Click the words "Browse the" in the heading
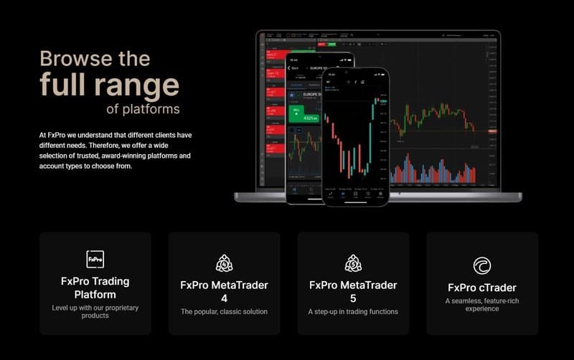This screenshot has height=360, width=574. [95, 58]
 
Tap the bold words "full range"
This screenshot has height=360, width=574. [109, 85]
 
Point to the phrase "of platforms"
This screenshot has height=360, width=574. [143, 109]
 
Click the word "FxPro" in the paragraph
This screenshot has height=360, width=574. [58, 135]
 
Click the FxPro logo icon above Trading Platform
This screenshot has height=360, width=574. [95, 259]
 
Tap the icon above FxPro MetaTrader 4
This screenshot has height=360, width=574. [224, 263]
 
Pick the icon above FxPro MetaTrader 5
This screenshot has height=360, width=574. [353, 263]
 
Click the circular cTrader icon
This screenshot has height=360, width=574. [482, 266]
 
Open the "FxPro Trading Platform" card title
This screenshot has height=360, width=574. [95, 288]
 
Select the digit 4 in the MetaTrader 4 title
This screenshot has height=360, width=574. [224, 298]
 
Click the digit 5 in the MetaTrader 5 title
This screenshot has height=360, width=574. [353, 298]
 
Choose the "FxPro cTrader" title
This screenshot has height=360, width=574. [482, 288]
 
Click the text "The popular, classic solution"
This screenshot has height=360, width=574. [224, 312]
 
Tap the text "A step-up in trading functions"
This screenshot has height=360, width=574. [353, 312]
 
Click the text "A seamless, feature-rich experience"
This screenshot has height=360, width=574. [482, 304]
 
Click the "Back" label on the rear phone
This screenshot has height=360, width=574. [295, 68]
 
